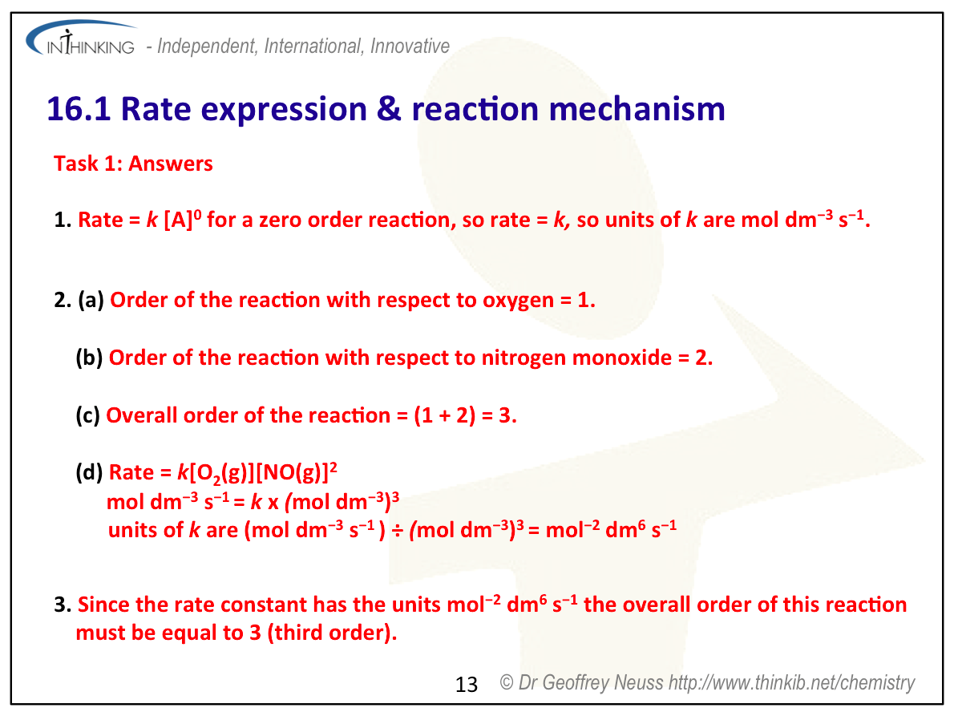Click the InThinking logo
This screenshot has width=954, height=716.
81,39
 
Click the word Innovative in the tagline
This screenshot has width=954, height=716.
410,46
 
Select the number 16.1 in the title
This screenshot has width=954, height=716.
79,109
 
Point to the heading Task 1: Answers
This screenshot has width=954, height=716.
133,164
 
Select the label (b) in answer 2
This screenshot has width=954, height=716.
89,357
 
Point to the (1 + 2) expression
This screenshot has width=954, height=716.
445,415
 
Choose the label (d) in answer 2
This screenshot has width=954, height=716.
89,472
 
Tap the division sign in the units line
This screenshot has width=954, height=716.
397,531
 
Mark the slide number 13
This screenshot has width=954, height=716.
467,685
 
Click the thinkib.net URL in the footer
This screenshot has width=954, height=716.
791,683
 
